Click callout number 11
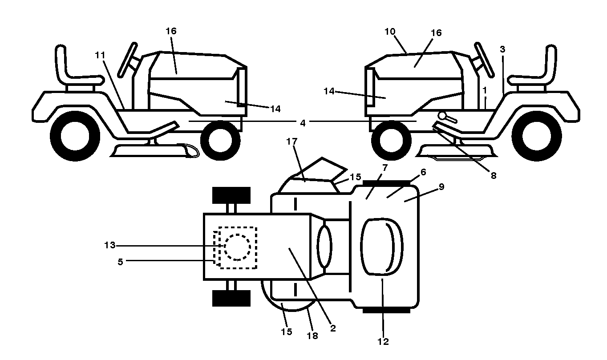tap(100, 55)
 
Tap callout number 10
tap(390, 32)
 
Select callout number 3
tap(502, 49)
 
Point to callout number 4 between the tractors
tap(303, 123)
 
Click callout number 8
tap(494, 175)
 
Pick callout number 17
tap(291, 141)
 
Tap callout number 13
tap(110, 245)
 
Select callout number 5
tap(120, 262)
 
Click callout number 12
tap(383, 342)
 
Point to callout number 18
tap(312, 336)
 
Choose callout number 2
tap(333, 328)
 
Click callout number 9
tap(441, 186)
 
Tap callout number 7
tap(385, 168)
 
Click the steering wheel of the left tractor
tap(127, 60)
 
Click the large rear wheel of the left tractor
tap(75, 136)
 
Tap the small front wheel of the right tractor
tap(391, 140)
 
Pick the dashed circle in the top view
tap(237, 247)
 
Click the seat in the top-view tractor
tap(381, 247)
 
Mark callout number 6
tap(423, 172)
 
